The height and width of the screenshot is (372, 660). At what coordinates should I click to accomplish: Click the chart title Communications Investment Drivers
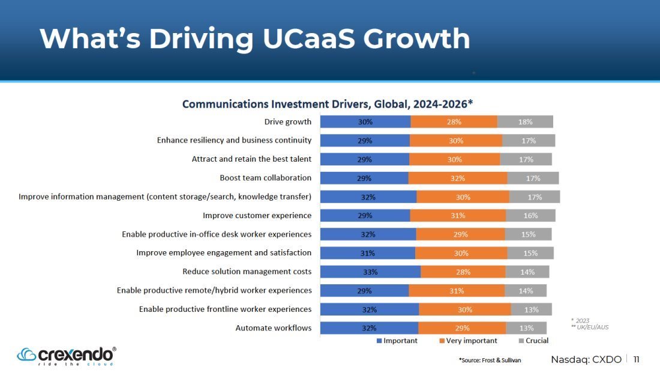tap(328, 104)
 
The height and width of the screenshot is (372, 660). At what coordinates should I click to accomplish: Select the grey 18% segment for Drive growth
tap(525, 121)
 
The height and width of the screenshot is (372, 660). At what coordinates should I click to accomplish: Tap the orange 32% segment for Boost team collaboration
tap(458, 178)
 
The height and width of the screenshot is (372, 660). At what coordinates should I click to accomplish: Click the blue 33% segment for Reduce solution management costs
tap(370, 272)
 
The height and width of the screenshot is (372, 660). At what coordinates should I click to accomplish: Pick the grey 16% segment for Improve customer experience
tap(530, 216)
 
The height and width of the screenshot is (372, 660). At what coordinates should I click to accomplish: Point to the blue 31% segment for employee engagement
tap(367, 253)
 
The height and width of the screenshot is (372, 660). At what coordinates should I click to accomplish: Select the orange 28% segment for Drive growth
tap(454, 121)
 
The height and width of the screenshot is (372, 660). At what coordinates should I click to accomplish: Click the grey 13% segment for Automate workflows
tap(526, 328)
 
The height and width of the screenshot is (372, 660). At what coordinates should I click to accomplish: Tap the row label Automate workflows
tap(274, 328)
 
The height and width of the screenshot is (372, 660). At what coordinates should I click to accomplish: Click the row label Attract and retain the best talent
tap(252, 159)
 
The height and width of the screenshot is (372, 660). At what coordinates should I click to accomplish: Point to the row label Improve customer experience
tap(257, 216)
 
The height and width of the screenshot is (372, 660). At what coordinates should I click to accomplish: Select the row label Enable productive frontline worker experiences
tap(225, 309)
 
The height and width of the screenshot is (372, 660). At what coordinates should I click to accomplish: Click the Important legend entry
tap(397, 340)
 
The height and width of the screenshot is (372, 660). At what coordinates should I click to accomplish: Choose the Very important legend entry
tap(468, 340)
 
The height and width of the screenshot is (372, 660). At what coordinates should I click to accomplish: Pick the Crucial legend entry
tap(534, 340)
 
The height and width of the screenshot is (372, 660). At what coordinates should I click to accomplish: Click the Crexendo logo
tap(67, 356)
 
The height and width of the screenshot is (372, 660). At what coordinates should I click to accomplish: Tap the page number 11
tap(636, 359)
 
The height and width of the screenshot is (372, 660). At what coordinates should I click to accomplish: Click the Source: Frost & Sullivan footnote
tap(490, 360)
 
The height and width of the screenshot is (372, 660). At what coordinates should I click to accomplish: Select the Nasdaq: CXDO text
tap(586, 359)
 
